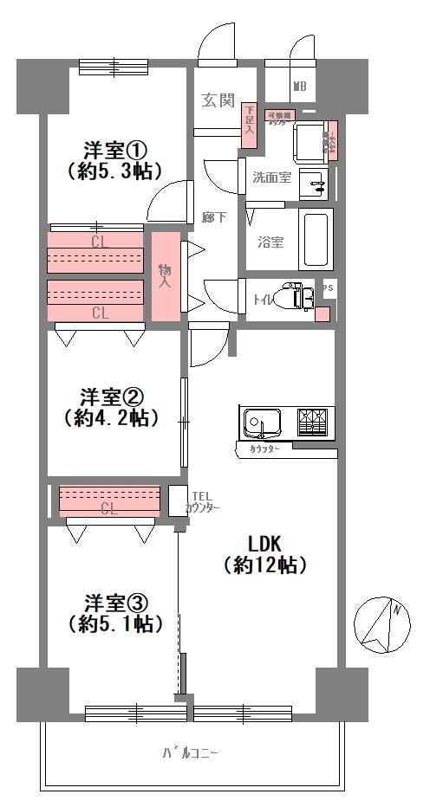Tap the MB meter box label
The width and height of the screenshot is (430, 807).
click(299, 86)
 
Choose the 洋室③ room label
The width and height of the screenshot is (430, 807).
click(115, 601)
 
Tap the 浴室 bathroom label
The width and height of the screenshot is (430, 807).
click(270, 242)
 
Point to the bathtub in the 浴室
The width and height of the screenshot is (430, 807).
click(316, 239)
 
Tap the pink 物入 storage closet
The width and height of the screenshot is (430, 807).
click(166, 277)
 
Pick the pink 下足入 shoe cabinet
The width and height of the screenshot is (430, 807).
click(250, 120)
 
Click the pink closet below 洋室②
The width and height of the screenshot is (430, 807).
click(109, 499)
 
